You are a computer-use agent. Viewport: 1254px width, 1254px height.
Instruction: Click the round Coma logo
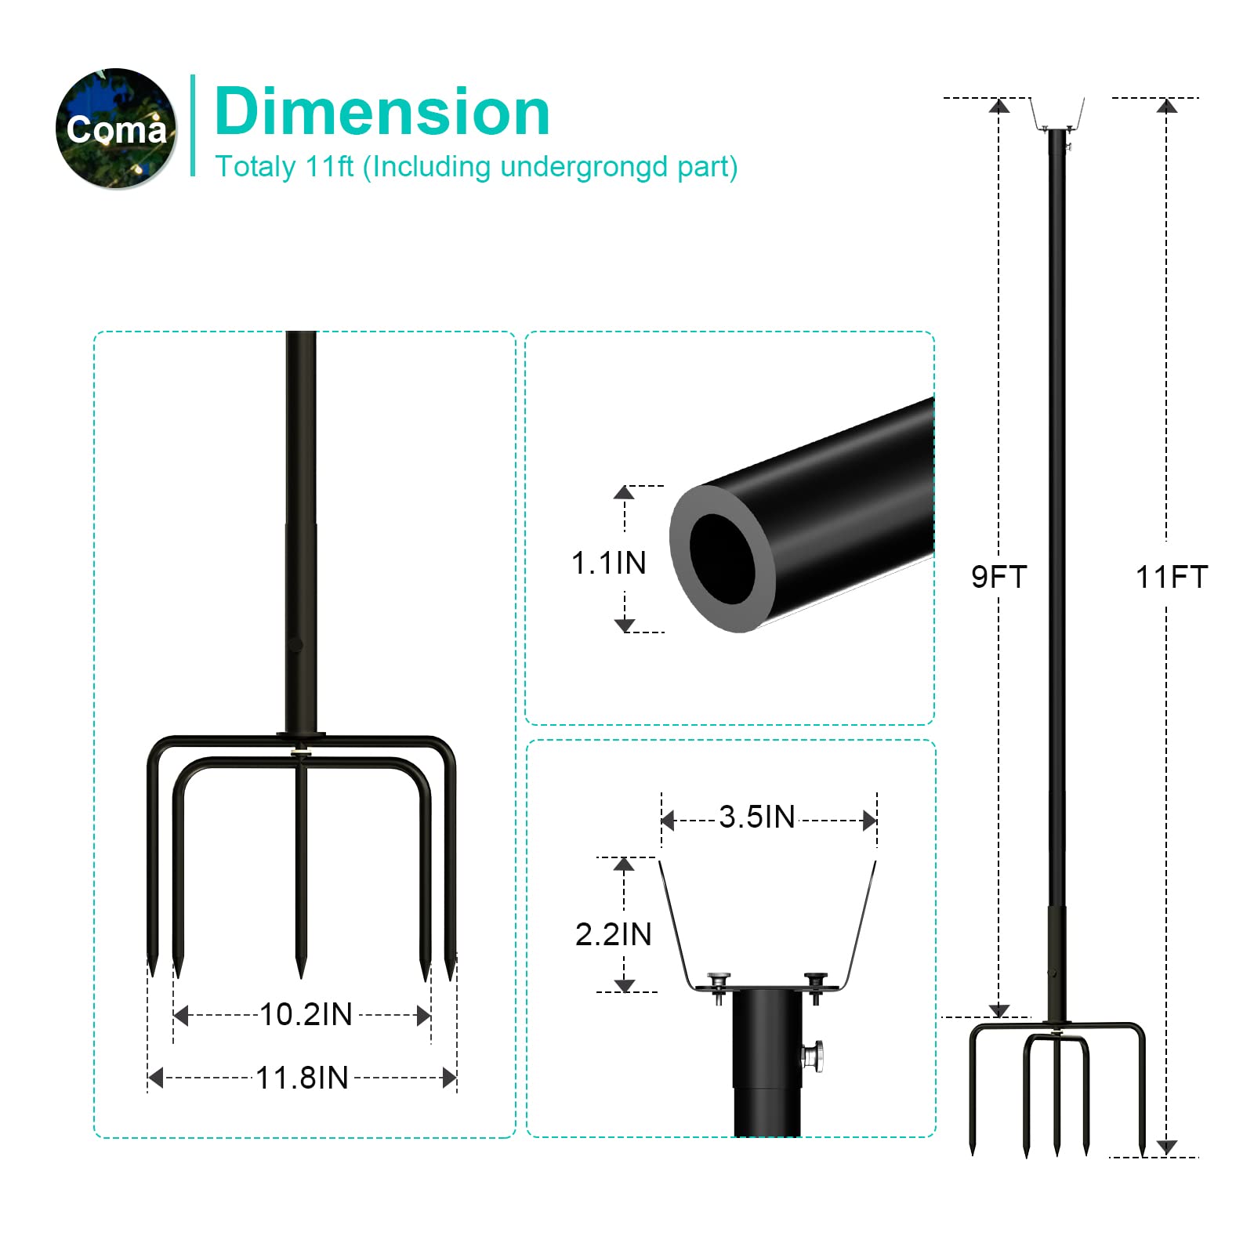pyautogui.click(x=116, y=129)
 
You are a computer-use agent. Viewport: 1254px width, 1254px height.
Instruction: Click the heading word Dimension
pyautogui.click(x=382, y=112)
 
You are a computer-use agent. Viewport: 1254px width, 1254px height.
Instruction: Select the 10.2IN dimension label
pyautogui.click(x=306, y=1014)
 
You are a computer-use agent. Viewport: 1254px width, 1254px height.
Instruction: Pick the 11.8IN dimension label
pyautogui.click(x=303, y=1078)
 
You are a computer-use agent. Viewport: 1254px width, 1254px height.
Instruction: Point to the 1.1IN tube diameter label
pyautogui.click(x=609, y=563)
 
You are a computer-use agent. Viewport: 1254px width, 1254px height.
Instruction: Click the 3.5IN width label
pyautogui.click(x=757, y=817)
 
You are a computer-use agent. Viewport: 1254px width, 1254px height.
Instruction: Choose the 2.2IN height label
pyautogui.click(x=614, y=934)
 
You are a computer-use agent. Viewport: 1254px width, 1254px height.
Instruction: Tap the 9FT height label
pyautogui.click(x=999, y=577)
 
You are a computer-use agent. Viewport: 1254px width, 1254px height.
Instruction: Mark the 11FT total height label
pyautogui.click(x=1172, y=577)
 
